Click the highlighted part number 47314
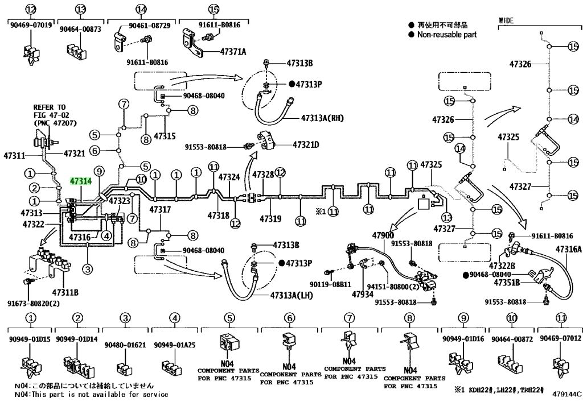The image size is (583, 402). [x=81, y=181]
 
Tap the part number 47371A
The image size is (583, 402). [x=233, y=52]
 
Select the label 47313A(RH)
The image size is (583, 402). [x=322, y=118]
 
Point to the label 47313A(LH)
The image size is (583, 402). [x=291, y=295]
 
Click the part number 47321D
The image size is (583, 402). [x=306, y=144]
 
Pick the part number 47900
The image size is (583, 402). [x=383, y=235]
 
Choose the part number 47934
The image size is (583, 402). [x=363, y=295]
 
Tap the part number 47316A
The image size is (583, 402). [x=569, y=250]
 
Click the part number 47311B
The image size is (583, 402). [x=65, y=292]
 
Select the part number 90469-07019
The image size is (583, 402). [x=31, y=25]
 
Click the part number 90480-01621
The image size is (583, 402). [x=125, y=345]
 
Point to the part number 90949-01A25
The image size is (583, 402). [x=174, y=345]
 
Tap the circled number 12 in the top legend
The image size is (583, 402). [x=31, y=9]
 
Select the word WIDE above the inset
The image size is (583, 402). [x=506, y=20]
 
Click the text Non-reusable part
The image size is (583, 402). [x=446, y=35]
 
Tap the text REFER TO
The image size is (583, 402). [x=50, y=107]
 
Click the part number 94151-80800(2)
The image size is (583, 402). [x=393, y=287]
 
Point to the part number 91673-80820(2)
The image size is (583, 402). [x=34, y=304]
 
